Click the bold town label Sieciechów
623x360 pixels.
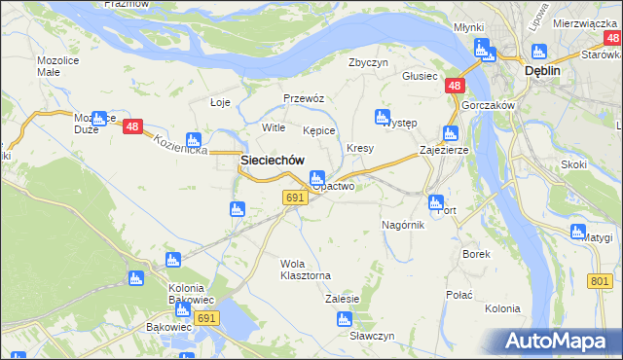(x=273, y=161)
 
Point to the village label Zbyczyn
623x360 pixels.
(x=369, y=62)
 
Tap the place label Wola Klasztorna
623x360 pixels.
(x=306, y=270)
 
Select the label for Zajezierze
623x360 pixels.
(x=444, y=151)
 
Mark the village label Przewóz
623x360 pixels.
(x=303, y=98)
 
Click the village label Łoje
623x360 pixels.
(x=220, y=102)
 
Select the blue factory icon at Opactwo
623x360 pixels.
(x=316, y=178)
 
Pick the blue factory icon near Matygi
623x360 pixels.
(x=577, y=233)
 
